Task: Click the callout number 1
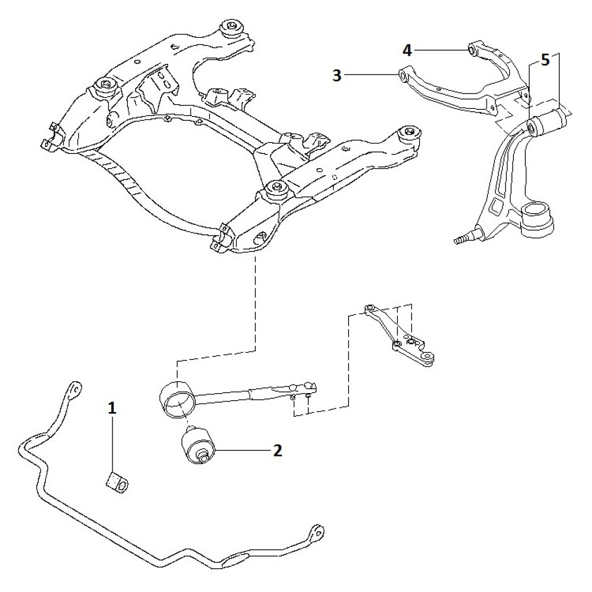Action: (x=112, y=407)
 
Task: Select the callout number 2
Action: (x=277, y=451)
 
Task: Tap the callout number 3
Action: (x=337, y=75)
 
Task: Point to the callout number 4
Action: (x=407, y=49)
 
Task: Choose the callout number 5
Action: (x=545, y=60)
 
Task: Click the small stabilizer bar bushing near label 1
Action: (x=117, y=482)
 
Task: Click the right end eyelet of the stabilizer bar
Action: (x=318, y=531)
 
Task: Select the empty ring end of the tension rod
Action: (x=178, y=401)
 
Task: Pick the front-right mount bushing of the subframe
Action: (x=276, y=189)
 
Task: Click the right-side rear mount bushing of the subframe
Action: (x=408, y=132)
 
